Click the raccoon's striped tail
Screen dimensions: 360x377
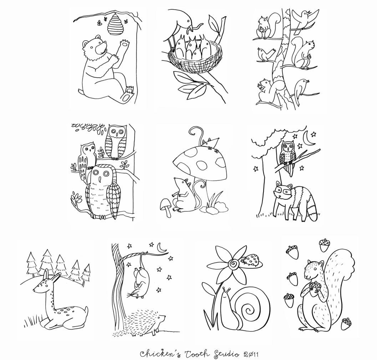[314, 209]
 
